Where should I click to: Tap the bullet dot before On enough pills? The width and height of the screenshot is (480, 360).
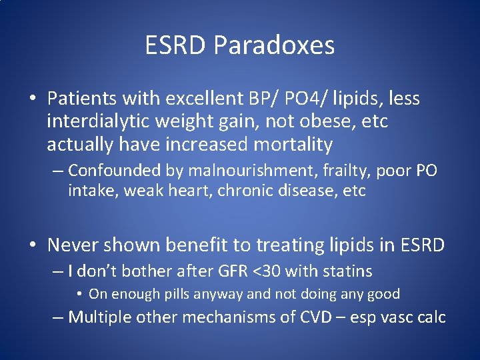79,294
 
